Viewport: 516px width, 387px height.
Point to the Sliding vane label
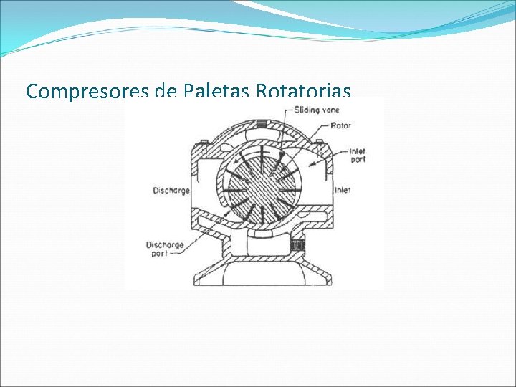coord(317,110)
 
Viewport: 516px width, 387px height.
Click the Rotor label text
coord(341,125)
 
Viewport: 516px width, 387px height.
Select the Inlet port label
coord(358,155)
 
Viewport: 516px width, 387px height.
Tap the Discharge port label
coord(165,249)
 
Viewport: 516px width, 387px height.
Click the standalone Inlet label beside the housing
coord(343,190)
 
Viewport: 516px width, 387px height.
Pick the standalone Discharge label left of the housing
coord(171,190)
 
